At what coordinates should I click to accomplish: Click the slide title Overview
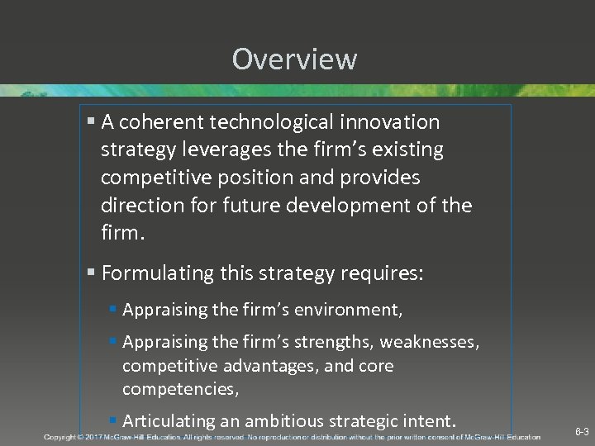pos(294,59)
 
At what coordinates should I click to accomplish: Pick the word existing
pos(407,150)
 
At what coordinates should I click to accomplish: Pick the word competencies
pos(174,388)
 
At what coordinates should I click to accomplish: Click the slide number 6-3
pos(582,432)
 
